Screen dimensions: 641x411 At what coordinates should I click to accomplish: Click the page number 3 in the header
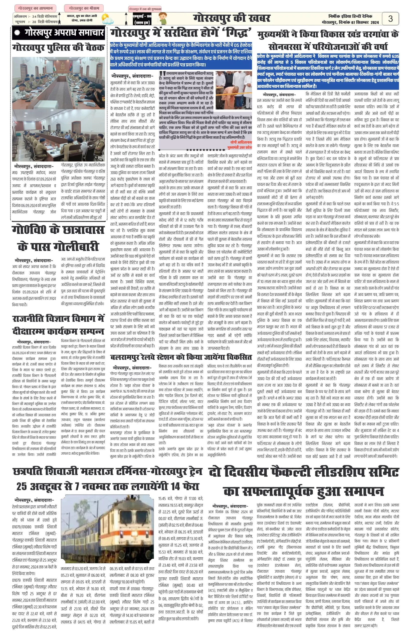point(390,19)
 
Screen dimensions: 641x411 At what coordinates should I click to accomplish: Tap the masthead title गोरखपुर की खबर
point(232,18)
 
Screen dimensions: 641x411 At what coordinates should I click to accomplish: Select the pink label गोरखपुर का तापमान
point(34,8)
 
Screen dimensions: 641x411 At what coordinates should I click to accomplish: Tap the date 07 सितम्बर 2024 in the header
point(365,23)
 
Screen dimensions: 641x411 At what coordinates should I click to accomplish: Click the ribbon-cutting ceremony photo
point(233,87)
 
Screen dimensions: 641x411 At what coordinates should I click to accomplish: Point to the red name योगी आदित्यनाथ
point(241,142)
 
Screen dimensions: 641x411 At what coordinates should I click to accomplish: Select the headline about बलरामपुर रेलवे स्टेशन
point(181,357)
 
